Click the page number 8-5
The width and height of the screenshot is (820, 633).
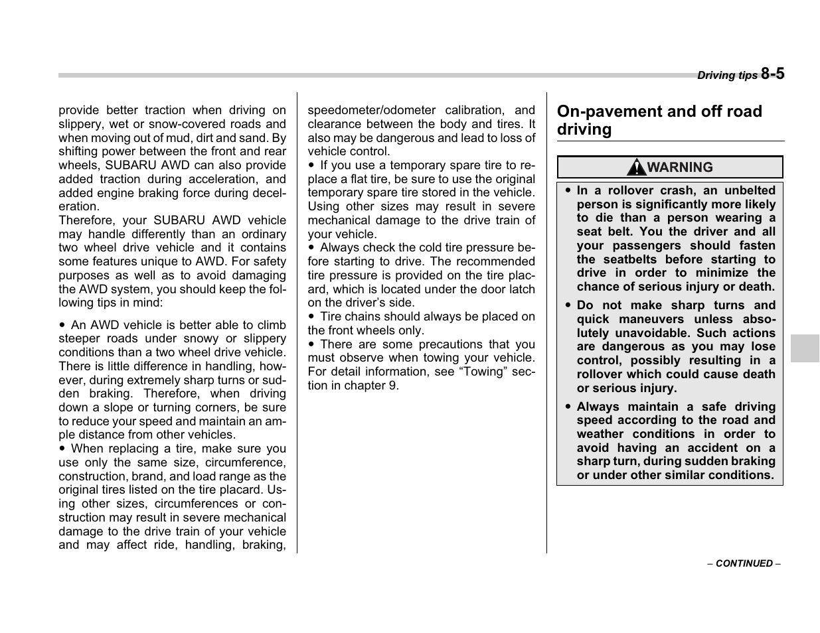(772, 74)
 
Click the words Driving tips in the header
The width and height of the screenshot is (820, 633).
(726, 76)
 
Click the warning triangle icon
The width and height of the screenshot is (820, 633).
(636, 167)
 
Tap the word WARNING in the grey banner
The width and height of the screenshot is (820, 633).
(680, 167)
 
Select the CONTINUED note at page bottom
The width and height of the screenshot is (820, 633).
(744, 563)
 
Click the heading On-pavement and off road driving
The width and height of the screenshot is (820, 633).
(659, 120)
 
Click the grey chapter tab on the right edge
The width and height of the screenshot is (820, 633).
(805, 348)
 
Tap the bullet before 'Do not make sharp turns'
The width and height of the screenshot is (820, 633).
(568, 306)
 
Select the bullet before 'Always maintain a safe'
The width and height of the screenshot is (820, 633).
(568, 407)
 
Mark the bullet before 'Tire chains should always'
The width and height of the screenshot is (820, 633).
(311, 317)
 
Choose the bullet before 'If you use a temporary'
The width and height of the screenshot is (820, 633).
(311, 165)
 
